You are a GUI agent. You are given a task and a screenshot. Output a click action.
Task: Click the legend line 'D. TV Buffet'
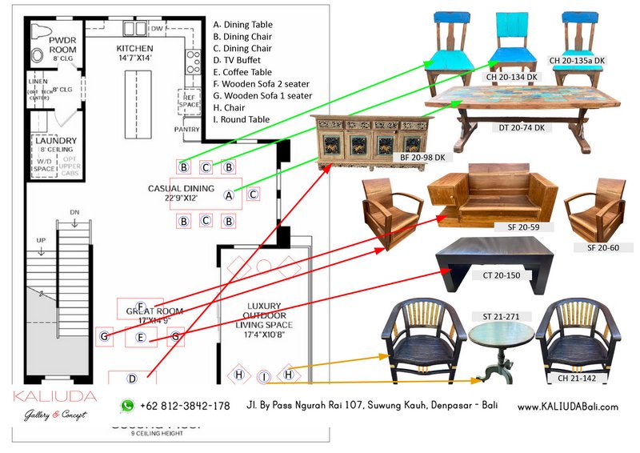[x=242, y=60]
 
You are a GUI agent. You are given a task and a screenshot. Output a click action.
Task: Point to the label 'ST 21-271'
[x=500, y=316]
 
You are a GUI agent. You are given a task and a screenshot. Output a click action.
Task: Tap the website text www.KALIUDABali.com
[x=567, y=407]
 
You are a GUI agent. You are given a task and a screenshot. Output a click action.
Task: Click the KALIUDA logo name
[x=55, y=396]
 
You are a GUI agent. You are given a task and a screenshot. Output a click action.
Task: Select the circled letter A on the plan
[x=228, y=194]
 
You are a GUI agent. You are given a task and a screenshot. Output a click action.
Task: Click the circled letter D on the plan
[x=132, y=379]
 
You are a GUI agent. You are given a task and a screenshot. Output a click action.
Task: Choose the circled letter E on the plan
[x=141, y=339]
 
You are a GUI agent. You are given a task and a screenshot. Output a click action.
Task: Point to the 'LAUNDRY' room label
[x=56, y=141]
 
